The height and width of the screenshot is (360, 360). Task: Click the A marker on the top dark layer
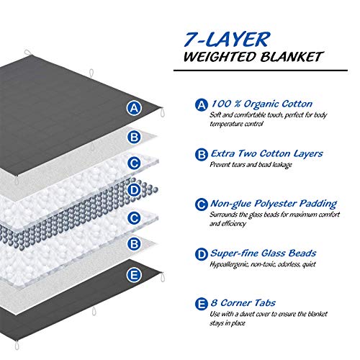click(x=132, y=109)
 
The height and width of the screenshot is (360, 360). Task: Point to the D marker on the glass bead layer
click(x=132, y=191)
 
